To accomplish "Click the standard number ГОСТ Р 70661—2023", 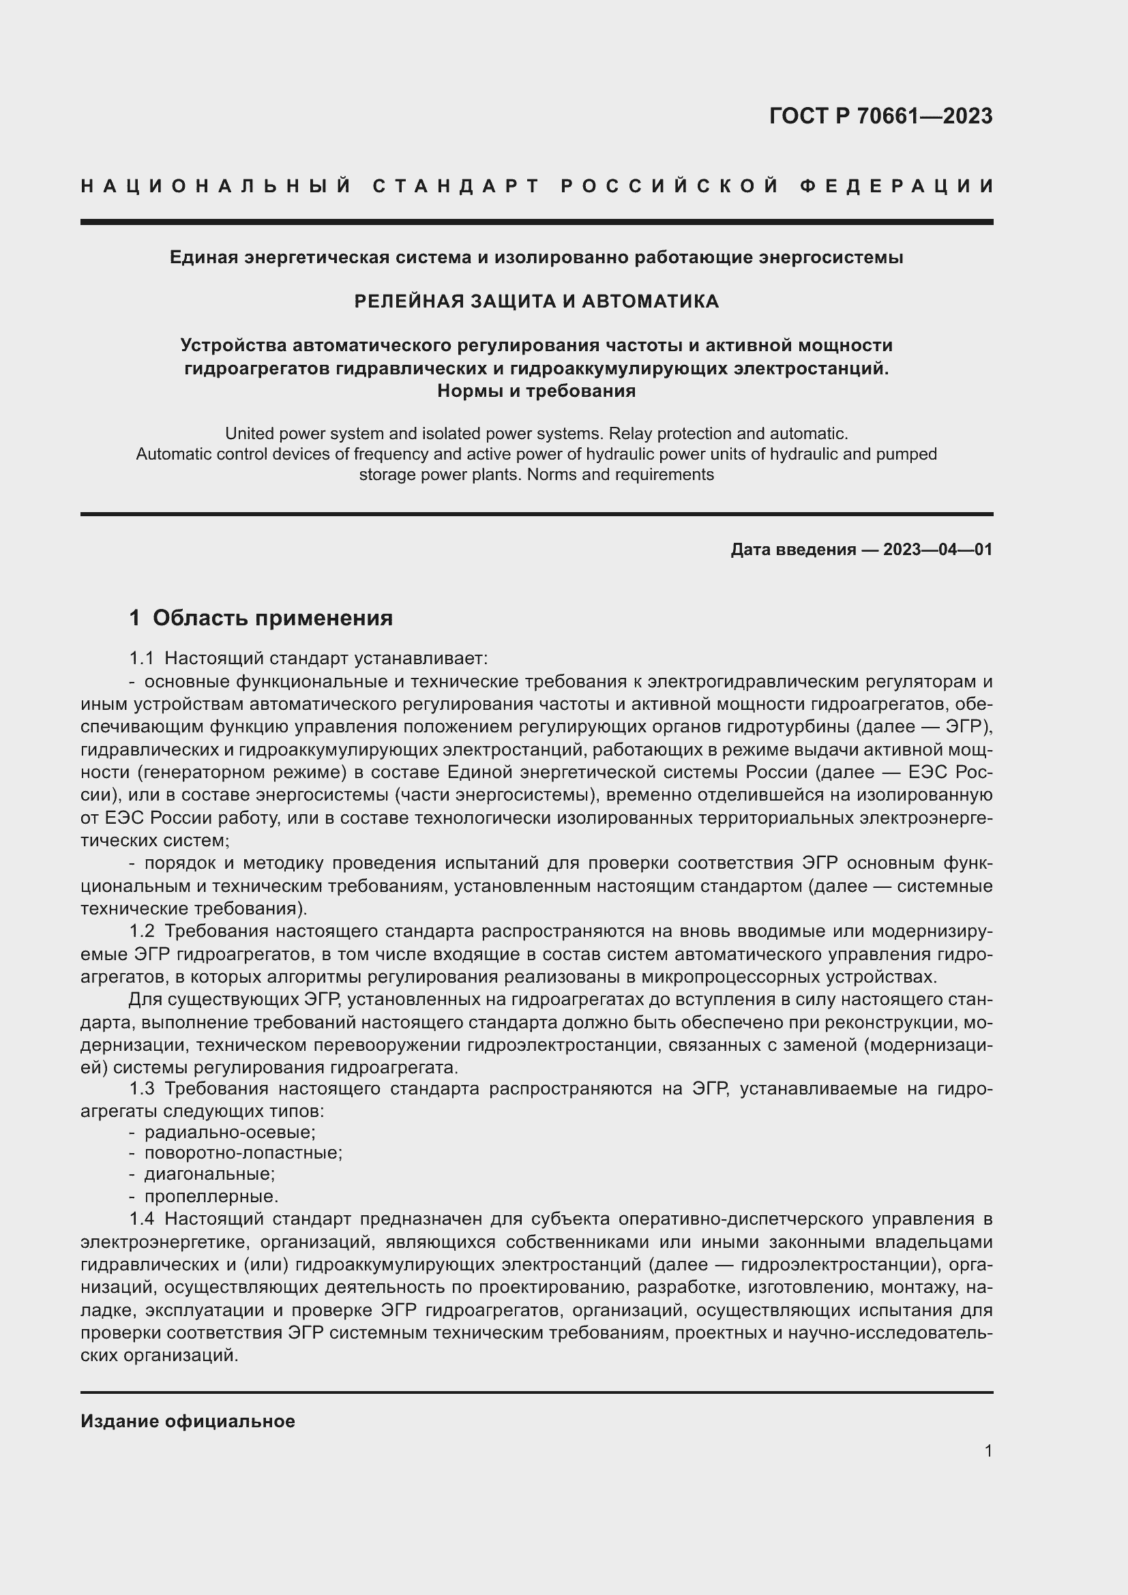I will click(x=880, y=116).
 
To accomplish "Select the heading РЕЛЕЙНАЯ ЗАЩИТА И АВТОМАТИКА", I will click(x=536, y=301).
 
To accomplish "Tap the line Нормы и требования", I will click(x=536, y=391).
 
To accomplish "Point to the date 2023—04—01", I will click(x=937, y=550).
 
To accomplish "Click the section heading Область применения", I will click(x=272, y=618).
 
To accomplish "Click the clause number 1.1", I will click(x=141, y=658).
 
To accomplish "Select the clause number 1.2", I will click(x=141, y=931).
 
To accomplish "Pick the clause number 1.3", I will click(x=141, y=1088).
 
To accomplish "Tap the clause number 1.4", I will click(x=141, y=1219).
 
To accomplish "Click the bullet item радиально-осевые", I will click(x=229, y=1133).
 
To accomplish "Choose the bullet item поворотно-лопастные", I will click(x=243, y=1153).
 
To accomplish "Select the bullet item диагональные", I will click(x=209, y=1174).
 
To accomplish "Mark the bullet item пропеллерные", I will click(x=211, y=1196).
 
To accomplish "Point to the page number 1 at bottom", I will click(x=988, y=1450).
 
